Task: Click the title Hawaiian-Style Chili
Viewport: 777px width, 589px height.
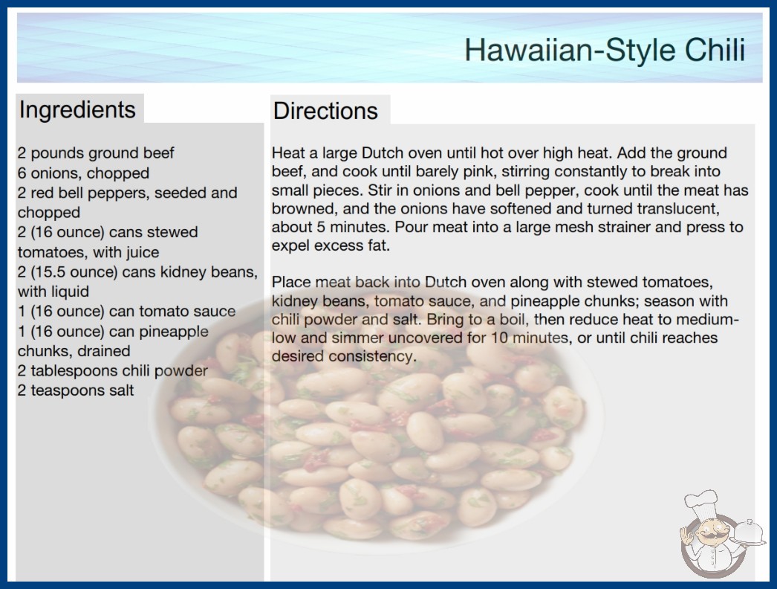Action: click(x=605, y=50)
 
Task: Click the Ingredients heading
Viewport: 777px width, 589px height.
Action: click(x=77, y=110)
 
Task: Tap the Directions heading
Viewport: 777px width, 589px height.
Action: click(x=325, y=111)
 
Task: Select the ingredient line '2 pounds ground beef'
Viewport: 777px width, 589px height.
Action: click(x=96, y=153)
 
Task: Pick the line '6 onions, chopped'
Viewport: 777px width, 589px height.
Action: click(x=83, y=173)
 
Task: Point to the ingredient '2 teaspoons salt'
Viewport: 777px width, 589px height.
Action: click(x=75, y=390)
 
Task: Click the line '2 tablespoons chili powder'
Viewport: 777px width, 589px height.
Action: click(x=112, y=370)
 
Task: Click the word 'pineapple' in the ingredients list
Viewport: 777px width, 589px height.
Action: click(x=174, y=332)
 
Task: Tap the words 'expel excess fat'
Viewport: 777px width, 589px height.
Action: click(x=331, y=245)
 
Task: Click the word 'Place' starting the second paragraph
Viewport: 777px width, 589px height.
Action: click(x=291, y=283)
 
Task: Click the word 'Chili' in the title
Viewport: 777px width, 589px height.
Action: click(x=715, y=50)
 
